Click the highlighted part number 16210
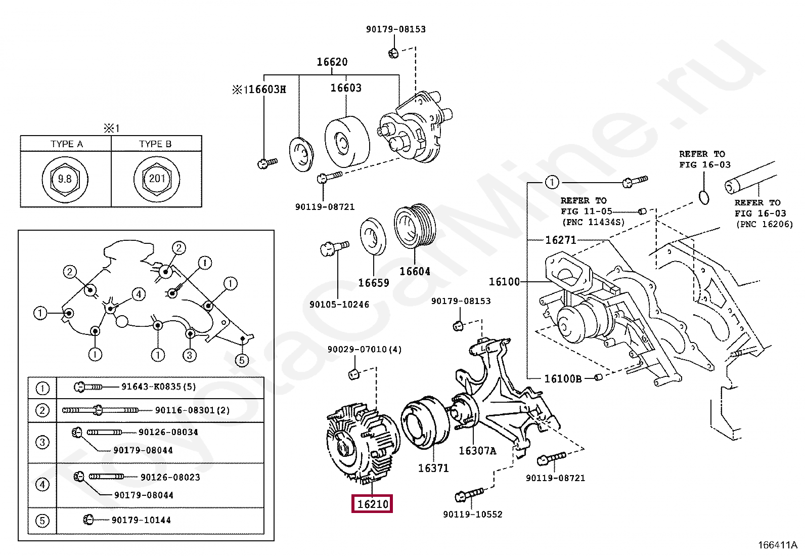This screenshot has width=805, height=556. click(372, 504)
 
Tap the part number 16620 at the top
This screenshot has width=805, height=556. click(332, 62)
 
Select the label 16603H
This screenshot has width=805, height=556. click(267, 89)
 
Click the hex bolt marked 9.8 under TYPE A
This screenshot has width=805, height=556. click(65, 179)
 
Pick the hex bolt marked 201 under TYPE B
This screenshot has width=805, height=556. click(157, 179)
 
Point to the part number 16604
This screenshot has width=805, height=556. click(415, 271)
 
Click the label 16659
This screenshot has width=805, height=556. click(373, 283)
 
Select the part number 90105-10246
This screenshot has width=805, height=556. click(339, 305)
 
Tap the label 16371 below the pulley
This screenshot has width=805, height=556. click(433, 468)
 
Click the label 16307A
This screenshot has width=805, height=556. click(478, 451)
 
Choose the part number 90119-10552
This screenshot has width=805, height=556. click(473, 515)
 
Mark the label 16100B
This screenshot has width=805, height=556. click(563, 379)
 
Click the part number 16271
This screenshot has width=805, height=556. click(561, 240)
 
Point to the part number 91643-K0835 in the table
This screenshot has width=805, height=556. click(151, 387)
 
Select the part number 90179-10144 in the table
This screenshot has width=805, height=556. click(141, 520)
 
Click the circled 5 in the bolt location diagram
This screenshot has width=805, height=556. click(242, 360)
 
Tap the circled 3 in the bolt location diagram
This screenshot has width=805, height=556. click(190, 355)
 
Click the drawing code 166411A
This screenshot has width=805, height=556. click(778, 545)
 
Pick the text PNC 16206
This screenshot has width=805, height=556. click(765, 225)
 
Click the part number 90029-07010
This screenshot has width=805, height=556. click(358, 349)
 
